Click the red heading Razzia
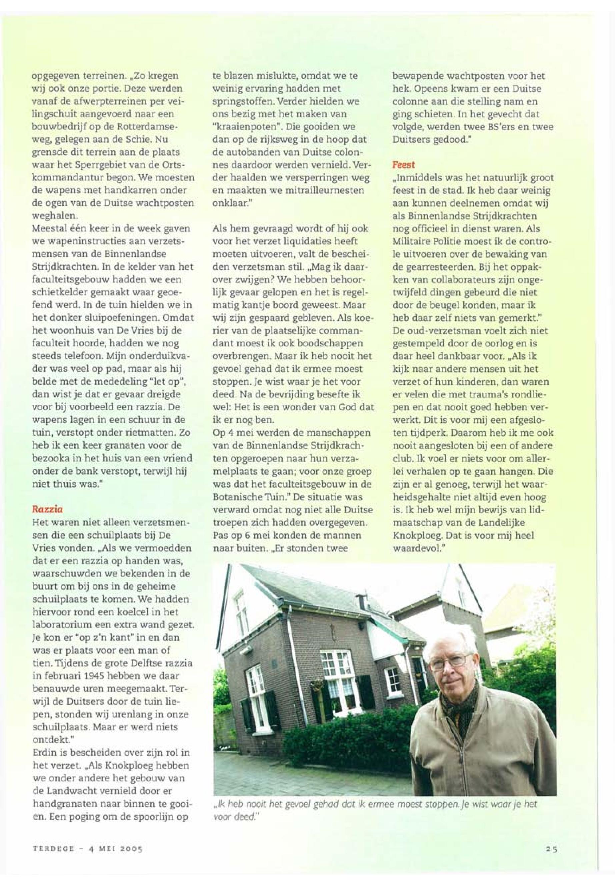point(47,509)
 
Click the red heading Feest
point(403,165)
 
